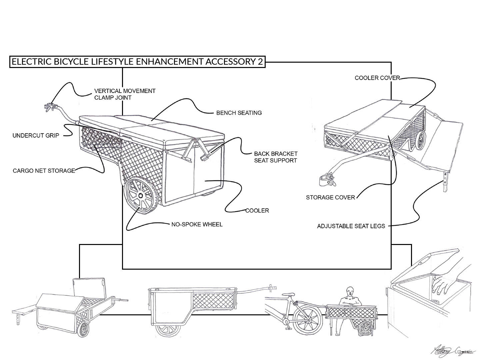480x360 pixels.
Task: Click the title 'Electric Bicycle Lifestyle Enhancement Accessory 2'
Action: click(137, 62)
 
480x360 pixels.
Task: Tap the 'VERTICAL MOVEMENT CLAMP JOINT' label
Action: click(125, 94)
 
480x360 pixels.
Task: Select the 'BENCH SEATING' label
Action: click(239, 113)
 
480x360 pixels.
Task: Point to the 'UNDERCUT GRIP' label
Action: click(36, 135)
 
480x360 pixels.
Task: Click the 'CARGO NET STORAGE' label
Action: click(44, 171)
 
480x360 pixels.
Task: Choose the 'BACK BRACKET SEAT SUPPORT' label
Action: click(275, 157)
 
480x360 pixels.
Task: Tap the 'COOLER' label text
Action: click(257, 210)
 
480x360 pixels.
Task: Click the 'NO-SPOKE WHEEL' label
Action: click(197, 224)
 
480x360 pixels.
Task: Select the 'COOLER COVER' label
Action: click(377, 78)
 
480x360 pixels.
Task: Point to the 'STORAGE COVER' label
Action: click(330, 197)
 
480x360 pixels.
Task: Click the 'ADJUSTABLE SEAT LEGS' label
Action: click(351, 226)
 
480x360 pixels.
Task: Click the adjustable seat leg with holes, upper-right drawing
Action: click(445, 182)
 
